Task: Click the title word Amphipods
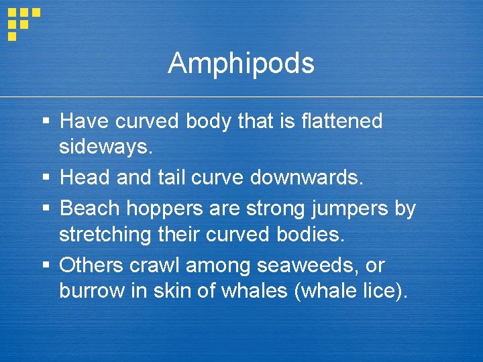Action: tap(241, 64)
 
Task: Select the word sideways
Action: tap(106, 147)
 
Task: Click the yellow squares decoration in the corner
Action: tap(22, 22)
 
